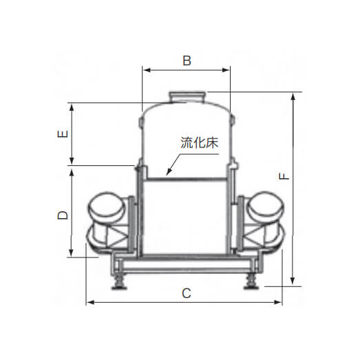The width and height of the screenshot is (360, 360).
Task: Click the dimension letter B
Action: click(x=187, y=61)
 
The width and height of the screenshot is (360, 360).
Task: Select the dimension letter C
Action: click(x=187, y=293)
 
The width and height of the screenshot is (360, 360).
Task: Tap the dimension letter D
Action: click(x=63, y=215)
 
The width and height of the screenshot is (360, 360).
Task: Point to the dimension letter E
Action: click(x=63, y=134)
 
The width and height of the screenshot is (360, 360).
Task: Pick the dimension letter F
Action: click(x=284, y=176)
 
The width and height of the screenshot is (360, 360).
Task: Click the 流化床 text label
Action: click(x=200, y=142)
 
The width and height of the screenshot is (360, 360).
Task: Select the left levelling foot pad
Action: click(x=119, y=286)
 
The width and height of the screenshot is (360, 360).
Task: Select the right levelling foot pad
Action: click(x=251, y=286)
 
